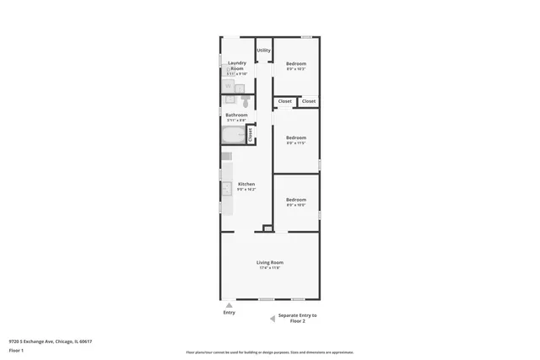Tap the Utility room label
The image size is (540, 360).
[264, 51]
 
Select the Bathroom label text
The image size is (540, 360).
[236, 115]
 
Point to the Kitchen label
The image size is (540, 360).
[246, 184]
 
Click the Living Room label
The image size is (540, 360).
[270, 262]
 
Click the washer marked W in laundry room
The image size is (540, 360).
[228, 87]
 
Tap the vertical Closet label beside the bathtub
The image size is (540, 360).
[250, 135]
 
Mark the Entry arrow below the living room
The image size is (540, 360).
[229, 304]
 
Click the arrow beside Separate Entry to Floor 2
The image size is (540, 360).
[272, 318]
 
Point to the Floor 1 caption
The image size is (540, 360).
[15, 350]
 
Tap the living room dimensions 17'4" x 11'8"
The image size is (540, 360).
[270, 268]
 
